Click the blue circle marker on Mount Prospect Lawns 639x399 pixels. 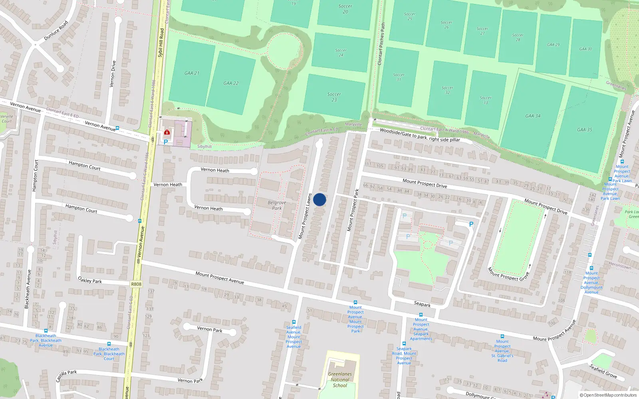(319, 199)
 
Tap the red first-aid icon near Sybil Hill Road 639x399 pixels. (167, 132)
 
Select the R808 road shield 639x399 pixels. (136, 284)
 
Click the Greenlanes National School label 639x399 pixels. (340, 379)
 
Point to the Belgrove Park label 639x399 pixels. (277, 205)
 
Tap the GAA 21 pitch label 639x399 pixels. (192, 73)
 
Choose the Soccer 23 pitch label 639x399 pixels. (334, 97)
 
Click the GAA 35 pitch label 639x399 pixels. (584, 130)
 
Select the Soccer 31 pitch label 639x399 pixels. (399, 77)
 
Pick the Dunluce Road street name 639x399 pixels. (56, 30)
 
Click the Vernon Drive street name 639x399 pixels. (113, 74)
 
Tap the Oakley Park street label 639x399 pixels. (90, 280)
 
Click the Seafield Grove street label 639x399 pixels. (603, 371)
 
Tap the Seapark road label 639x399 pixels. (422, 304)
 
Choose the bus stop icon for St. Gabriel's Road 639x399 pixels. (502, 336)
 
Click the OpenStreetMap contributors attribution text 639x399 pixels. (608, 395)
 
